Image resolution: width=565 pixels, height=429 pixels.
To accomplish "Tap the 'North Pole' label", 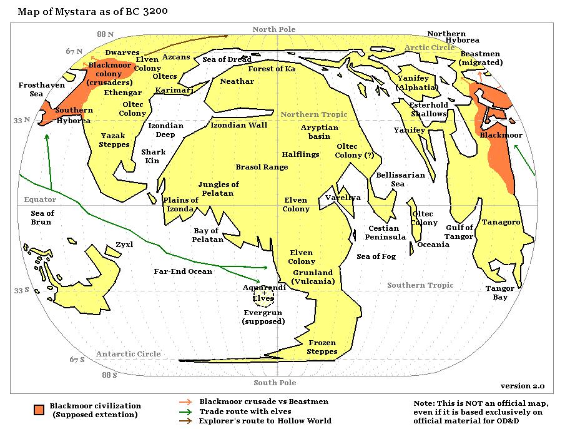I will pos(273,29).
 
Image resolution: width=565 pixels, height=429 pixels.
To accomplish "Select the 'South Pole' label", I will pos(275,383).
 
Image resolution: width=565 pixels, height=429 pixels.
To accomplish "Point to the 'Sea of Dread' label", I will pos(227,59).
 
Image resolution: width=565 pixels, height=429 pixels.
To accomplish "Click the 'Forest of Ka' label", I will pos(272,69).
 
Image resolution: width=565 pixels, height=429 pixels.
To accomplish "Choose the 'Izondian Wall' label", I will pos(238,125).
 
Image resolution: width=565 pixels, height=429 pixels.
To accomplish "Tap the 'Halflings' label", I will pos(300,154).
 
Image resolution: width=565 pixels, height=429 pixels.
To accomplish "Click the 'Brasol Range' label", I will pos(262,167).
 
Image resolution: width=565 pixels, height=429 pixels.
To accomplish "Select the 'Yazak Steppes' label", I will pos(114,140).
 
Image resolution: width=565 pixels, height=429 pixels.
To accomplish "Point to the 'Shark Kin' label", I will pos(154,156).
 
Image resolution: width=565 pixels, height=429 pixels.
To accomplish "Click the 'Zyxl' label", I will pos(124,245).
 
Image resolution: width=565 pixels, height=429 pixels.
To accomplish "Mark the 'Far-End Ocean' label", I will pos(183,271).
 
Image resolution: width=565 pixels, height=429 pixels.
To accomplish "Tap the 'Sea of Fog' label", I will pos(376,256).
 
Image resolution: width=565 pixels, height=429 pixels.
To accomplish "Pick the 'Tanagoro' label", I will pos(501,222).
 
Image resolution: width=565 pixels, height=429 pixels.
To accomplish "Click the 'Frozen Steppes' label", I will pos(322,347).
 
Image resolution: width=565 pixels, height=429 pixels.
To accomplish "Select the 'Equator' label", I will pos(40,199).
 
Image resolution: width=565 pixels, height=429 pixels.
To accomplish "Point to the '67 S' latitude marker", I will pos(77,360).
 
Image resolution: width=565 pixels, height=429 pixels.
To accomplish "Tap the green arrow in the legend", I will pos(185,411).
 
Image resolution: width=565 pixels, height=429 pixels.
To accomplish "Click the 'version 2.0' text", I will pos(523,386).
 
